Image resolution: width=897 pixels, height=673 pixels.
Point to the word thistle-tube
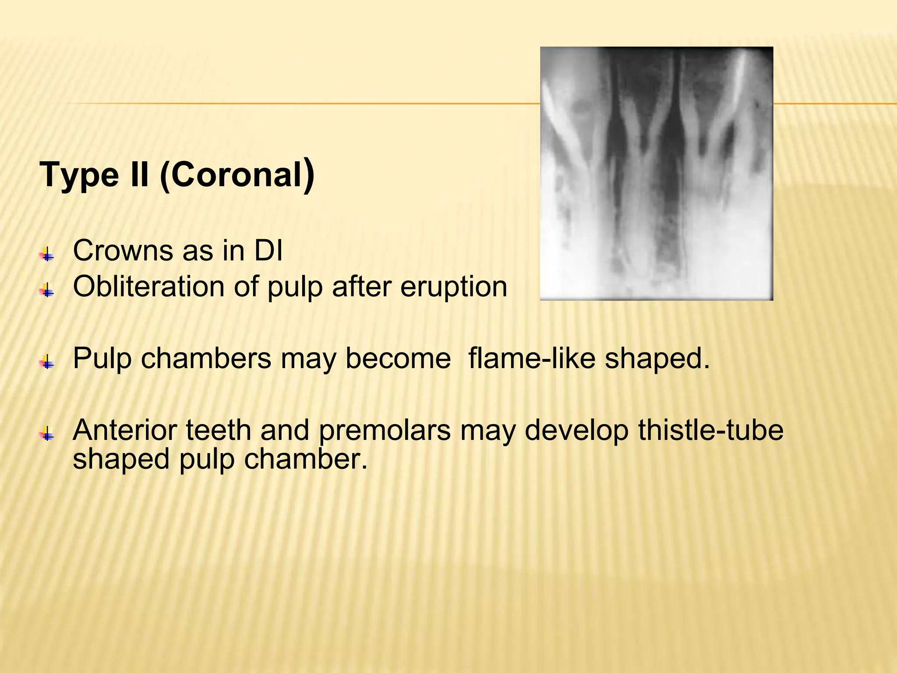tap(710, 430)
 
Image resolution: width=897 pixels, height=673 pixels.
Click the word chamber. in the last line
tap(305, 460)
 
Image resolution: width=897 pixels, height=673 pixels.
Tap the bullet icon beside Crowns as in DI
tap(47, 255)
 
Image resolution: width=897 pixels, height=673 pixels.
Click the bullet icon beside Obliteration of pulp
tap(47, 290)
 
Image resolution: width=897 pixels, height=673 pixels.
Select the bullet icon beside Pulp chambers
tap(47, 362)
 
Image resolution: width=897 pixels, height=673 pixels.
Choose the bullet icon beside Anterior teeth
tap(47, 434)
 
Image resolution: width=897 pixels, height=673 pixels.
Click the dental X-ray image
tap(656, 173)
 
